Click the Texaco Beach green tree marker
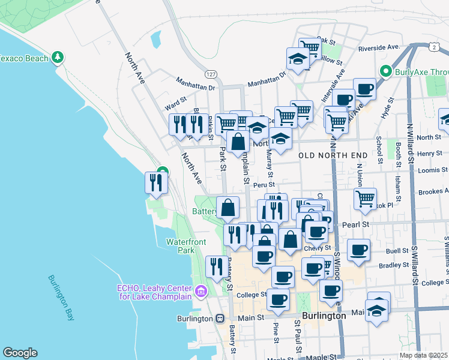(x=58, y=58)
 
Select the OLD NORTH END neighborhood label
(x=333, y=155)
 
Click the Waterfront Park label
(x=186, y=245)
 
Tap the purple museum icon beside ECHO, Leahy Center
(x=200, y=292)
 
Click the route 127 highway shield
(x=210, y=74)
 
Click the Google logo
(x=20, y=353)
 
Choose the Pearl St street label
(x=356, y=224)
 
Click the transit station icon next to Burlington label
(x=219, y=319)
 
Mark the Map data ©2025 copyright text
(x=423, y=355)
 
